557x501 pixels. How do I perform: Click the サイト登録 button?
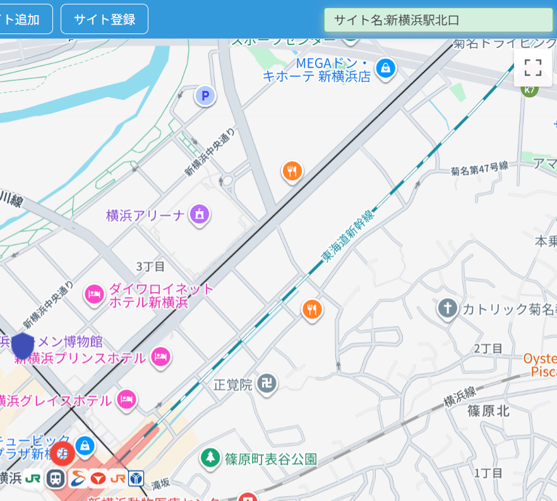click(x=104, y=19)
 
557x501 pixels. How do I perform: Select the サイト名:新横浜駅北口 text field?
click(x=438, y=20)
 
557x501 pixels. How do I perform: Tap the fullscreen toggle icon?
click(x=533, y=67)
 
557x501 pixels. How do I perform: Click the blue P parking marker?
click(x=204, y=96)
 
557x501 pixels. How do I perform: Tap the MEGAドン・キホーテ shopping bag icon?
click(x=385, y=67)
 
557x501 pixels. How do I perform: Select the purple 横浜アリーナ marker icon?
click(x=200, y=214)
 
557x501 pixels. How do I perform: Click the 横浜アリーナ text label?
click(x=145, y=215)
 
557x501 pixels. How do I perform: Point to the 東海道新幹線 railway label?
click(x=347, y=236)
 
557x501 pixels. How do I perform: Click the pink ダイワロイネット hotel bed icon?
click(x=95, y=294)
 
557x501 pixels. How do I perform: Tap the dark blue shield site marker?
click(x=23, y=346)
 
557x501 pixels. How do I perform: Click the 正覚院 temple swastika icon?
click(x=267, y=383)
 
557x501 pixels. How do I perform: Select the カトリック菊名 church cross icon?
click(x=447, y=308)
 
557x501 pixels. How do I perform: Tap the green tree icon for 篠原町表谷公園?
click(x=210, y=458)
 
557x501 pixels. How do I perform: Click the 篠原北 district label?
click(x=488, y=411)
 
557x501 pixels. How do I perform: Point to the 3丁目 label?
click(x=150, y=266)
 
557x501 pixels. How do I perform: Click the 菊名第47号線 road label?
click(x=480, y=169)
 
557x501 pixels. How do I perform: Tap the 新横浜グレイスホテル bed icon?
click(x=127, y=399)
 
